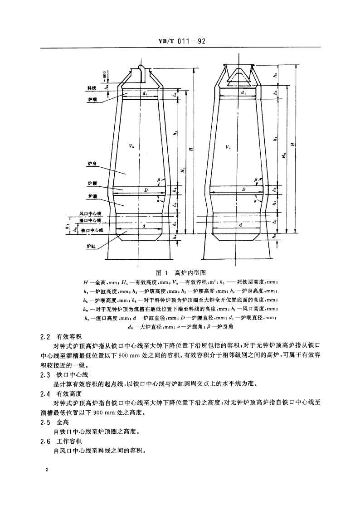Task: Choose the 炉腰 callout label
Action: point(92,184)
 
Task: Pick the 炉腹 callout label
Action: point(92,197)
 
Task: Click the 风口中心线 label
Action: point(91,213)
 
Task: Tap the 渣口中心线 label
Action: point(91,220)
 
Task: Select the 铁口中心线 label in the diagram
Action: point(92,230)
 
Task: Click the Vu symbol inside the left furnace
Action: point(131,146)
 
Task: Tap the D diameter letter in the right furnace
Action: point(243,189)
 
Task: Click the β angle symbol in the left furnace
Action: point(159,180)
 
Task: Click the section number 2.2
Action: point(46,337)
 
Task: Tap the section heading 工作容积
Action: point(69,441)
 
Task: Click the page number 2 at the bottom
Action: point(47,470)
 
